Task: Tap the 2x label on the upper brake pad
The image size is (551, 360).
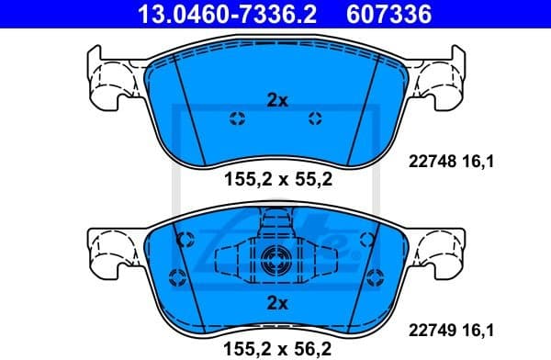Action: (x=276, y=101)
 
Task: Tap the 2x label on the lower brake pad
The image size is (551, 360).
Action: (x=276, y=302)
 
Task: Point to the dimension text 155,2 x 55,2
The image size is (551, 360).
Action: (x=277, y=180)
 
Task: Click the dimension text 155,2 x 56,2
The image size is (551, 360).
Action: (x=277, y=347)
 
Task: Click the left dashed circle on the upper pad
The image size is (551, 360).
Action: (x=236, y=118)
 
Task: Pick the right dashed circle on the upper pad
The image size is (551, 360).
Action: (x=316, y=118)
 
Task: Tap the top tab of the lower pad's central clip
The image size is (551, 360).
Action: (x=275, y=221)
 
